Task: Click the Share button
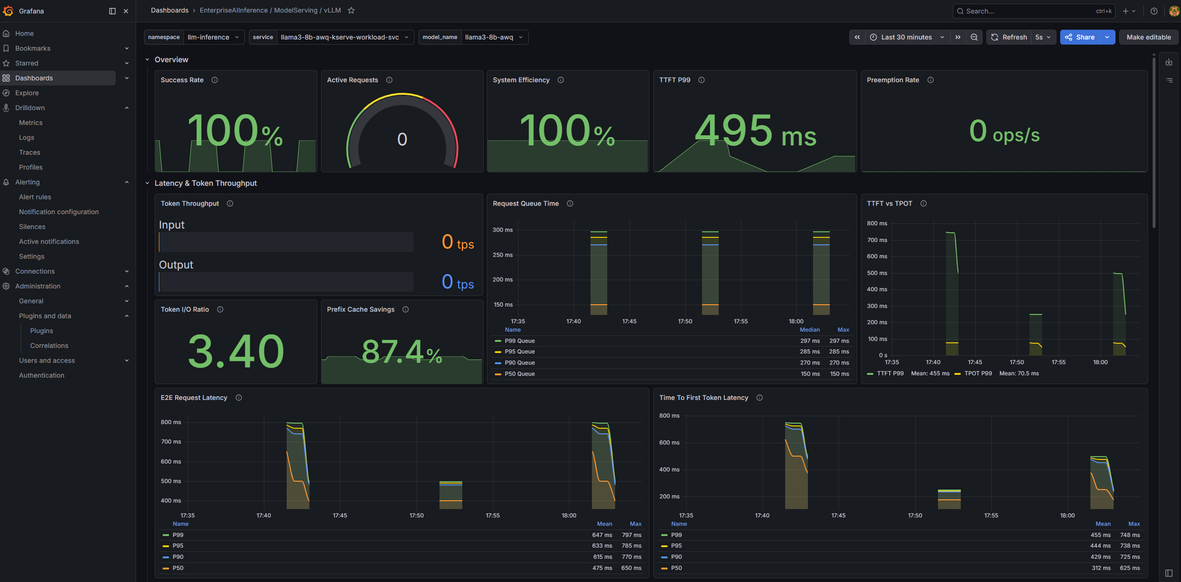1080,37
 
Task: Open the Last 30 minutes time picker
906,37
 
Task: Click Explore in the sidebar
27,93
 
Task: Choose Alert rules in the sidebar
35,197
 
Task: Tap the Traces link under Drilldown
30,152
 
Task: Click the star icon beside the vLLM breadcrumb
351,10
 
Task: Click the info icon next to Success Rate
215,80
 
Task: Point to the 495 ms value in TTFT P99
755,131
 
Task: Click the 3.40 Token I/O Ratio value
236,351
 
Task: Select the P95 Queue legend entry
519,352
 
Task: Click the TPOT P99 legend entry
978,373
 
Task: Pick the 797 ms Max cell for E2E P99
632,535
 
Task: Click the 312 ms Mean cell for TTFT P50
1101,568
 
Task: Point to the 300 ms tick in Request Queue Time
503,230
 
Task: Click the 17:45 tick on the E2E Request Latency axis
340,516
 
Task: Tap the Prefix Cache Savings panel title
361,309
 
